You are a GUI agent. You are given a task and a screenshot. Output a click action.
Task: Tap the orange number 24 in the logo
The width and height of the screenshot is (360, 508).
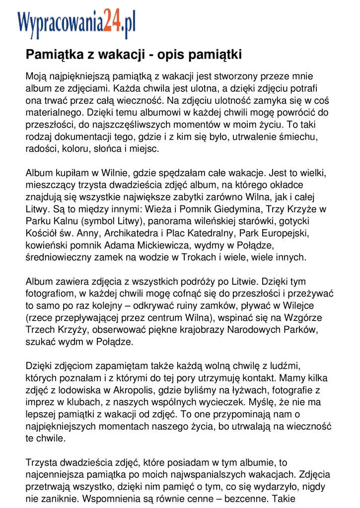(x=112, y=21)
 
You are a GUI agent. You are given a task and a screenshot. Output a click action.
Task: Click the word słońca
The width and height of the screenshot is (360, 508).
(x=115, y=148)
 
